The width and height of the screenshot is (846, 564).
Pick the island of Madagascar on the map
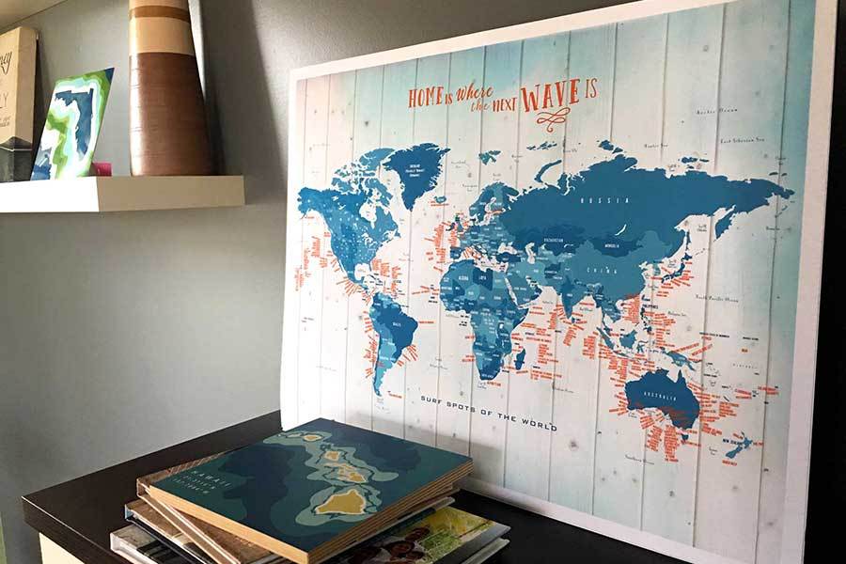coord(519,358)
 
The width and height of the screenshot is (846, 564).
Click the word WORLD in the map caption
coord(538,425)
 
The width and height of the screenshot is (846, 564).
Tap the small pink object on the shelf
coord(101,169)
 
